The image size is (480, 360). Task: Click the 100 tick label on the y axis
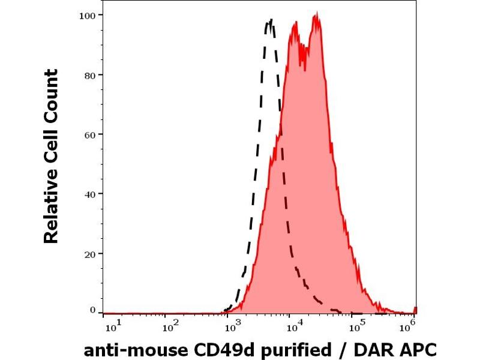(x=87, y=14)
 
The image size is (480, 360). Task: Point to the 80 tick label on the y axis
(x=89, y=74)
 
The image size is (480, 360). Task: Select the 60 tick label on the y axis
(x=89, y=134)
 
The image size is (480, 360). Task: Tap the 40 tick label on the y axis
(x=89, y=193)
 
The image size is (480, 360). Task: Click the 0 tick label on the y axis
(x=92, y=310)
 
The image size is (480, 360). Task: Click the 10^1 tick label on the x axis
(x=113, y=326)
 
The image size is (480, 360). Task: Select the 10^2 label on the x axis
(x=170, y=326)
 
